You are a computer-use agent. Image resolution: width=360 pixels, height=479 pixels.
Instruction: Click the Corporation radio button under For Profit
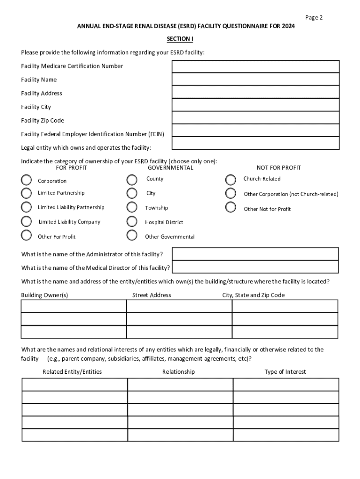tap(27, 180)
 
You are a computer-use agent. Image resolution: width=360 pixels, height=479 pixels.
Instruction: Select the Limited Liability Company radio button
tap(27, 221)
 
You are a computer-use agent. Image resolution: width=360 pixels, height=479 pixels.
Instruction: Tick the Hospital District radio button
tap(132, 221)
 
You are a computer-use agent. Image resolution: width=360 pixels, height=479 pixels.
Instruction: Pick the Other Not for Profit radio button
tap(230, 207)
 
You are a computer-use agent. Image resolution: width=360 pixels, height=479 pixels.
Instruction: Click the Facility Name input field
tap(255, 80)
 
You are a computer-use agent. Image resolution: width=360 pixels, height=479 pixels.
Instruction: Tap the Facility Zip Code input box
tap(255, 118)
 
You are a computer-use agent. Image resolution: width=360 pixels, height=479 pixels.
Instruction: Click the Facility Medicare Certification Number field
tap(255, 67)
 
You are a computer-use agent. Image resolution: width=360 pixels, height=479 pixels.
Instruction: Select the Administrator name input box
tap(255, 254)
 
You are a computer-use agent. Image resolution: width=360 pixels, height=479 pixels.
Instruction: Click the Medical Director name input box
tap(255, 267)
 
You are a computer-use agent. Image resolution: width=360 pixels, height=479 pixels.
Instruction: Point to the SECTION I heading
tap(180, 39)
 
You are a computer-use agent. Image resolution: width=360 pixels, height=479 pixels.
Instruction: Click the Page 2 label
tap(314, 18)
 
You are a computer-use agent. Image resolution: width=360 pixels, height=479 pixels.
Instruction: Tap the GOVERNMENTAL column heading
tap(170, 168)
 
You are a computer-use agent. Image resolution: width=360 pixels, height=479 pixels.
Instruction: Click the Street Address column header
tap(151, 295)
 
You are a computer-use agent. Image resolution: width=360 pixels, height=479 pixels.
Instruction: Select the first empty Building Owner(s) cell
tap(74, 306)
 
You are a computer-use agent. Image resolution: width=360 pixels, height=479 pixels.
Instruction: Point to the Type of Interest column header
tap(285, 372)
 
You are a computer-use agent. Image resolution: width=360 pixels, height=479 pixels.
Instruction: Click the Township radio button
tap(132, 207)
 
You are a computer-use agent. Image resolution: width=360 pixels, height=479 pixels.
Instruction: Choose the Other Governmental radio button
tap(132, 235)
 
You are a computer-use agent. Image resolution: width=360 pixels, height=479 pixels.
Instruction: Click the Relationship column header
tap(179, 372)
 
